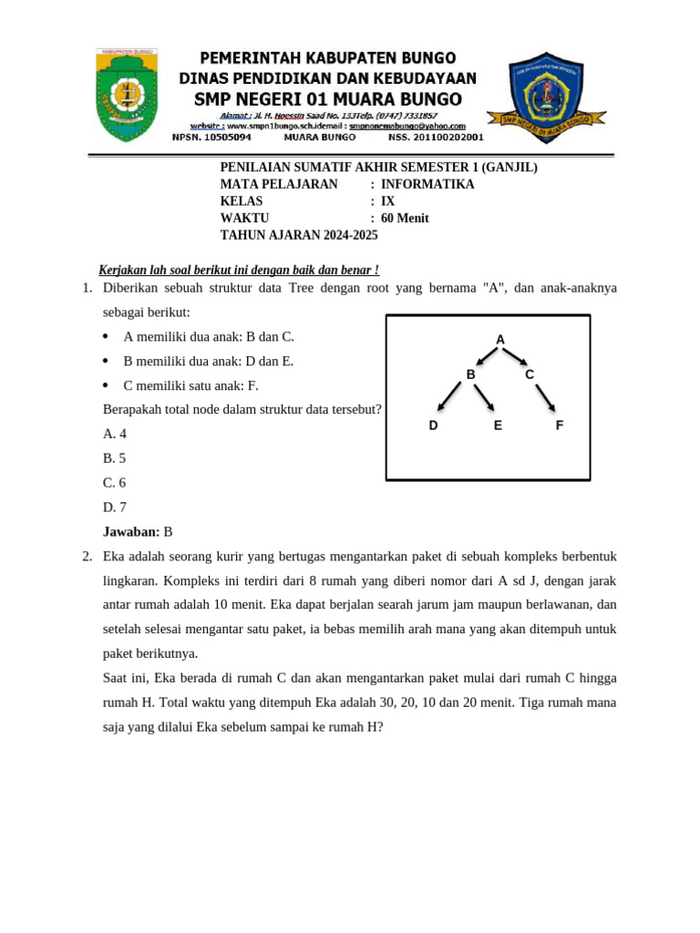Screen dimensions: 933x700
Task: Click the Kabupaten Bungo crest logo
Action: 127,95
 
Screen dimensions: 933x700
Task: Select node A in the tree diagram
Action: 500,340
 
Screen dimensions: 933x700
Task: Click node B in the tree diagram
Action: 471,374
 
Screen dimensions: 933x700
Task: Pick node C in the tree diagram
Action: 530,374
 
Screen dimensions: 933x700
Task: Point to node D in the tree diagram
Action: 434,425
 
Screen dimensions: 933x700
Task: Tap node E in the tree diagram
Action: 498,425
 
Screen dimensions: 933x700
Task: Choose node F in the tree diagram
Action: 560,425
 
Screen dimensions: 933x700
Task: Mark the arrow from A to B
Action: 488,355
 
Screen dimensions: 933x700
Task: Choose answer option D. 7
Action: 115,508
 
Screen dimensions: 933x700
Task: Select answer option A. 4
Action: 115,434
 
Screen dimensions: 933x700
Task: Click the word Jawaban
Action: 131,532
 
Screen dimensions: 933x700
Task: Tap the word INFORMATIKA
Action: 427,185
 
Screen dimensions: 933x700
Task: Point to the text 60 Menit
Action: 405,219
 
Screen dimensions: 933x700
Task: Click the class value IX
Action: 388,201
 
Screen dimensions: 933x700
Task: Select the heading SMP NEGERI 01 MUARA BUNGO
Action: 328,98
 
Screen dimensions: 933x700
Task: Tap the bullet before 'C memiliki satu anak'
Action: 107,386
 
